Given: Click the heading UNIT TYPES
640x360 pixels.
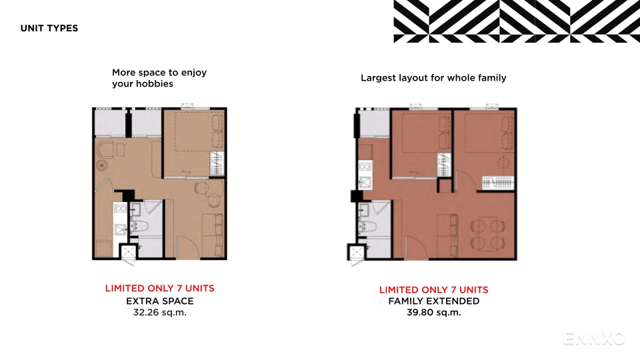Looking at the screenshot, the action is pos(49,28).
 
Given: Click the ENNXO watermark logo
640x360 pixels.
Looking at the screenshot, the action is pos(594,339).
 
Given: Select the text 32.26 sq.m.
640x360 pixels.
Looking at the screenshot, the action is pos(159,313).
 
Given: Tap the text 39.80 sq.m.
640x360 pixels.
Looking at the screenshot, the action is pos(434,313).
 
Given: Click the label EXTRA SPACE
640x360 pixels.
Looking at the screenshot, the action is pos(159,301).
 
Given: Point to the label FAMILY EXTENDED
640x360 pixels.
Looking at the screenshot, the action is pos(434,301).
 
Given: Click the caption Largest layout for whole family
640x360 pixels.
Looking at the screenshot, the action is pos(433,78).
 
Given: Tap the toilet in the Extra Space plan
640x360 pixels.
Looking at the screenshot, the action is pos(139,226).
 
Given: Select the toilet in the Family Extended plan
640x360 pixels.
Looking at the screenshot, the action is pos(367,226).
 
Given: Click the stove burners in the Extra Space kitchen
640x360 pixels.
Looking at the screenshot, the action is pos(121,209).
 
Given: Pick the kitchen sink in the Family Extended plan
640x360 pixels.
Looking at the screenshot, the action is pos(365,182).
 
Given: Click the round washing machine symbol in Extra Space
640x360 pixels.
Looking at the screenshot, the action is pos(101,165).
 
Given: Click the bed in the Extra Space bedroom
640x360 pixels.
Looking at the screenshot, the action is pos(199,132).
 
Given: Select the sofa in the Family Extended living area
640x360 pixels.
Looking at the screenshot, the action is pos(447,235).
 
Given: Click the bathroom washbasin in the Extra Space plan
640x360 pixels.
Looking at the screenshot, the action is pos(135,209).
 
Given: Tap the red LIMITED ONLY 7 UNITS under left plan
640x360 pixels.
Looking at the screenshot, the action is pos(159,289).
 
